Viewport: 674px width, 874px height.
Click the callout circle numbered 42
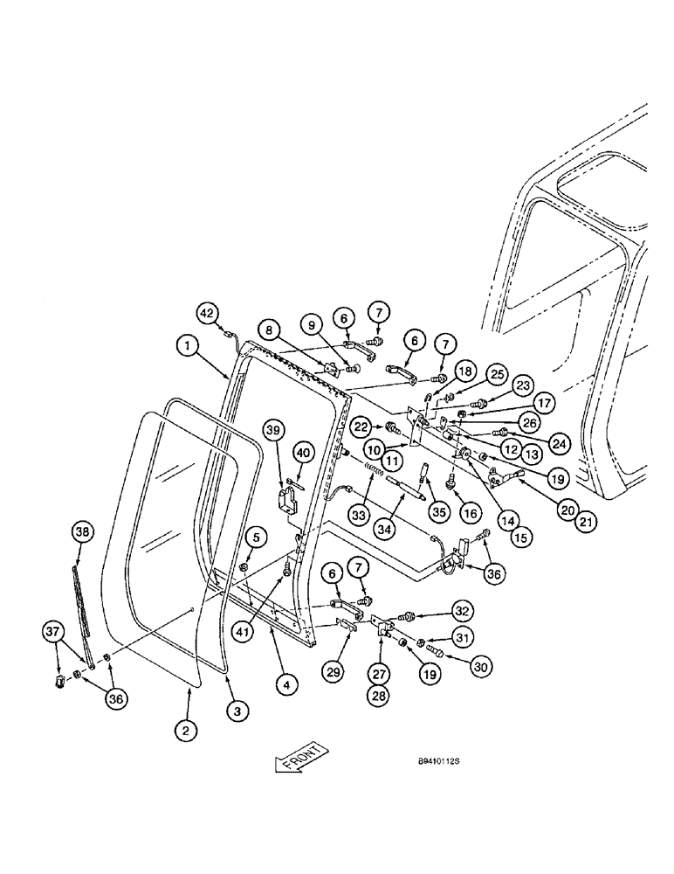(x=206, y=313)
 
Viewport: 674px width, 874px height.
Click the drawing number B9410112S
(x=438, y=761)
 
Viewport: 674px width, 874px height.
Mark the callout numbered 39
(x=275, y=431)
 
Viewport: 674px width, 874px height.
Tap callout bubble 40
(x=303, y=452)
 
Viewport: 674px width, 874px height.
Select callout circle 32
(x=463, y=609)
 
